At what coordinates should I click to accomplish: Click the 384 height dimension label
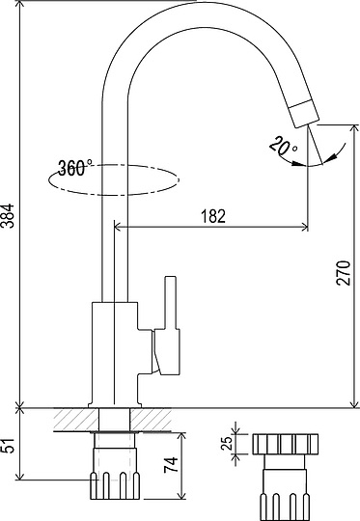(8, 215)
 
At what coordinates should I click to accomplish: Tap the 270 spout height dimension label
(344, 273)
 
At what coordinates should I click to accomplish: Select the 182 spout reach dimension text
(213, 216)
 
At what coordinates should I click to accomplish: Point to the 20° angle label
(284, 146)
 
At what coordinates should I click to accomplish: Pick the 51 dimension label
(9, 445)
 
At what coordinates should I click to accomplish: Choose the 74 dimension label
(171, 465)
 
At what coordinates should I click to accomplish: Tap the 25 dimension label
(227, 443)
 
